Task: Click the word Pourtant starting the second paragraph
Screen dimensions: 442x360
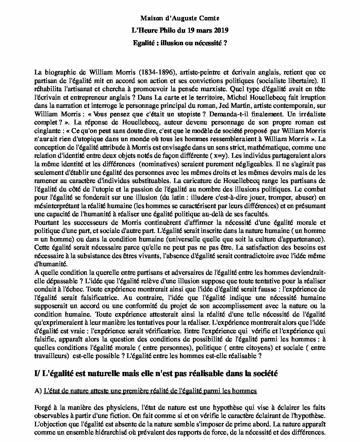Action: click(x=47, y=223)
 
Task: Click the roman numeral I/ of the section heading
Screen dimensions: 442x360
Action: click(x=37, y=374)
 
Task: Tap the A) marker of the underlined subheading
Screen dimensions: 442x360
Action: click(x=38, y=391)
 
